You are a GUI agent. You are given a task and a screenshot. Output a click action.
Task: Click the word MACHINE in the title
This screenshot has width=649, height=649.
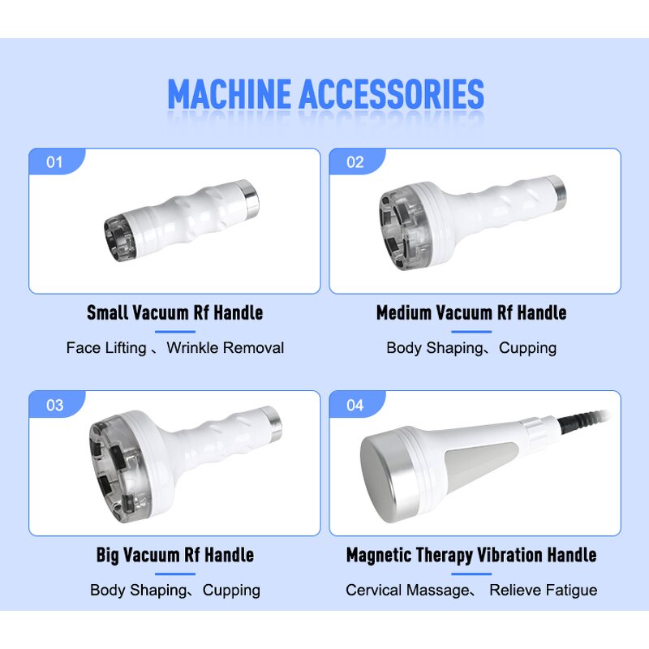click(x=230, y=95)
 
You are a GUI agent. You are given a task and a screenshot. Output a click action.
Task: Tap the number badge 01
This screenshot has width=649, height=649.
click(x=54, y=162)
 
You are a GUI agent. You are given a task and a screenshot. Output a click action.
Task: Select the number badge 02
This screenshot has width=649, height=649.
click(x=355, y=162)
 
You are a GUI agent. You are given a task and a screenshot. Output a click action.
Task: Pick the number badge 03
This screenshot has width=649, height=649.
click(x=54, y=405)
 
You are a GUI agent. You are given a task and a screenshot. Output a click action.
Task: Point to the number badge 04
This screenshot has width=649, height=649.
click(x=355, y=405)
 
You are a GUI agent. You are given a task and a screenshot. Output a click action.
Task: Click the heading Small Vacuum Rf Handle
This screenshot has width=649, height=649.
click(x=174, y=312)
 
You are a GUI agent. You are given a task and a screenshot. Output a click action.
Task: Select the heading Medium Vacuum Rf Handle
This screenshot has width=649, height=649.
click(x=471, y=312)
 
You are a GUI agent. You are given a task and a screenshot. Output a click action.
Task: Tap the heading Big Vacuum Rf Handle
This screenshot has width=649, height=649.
click(x=174, y=555)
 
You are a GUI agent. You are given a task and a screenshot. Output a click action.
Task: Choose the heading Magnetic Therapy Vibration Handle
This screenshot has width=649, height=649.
click(x=471, y=555)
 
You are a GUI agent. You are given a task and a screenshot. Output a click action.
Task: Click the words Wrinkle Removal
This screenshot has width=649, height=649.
click(x=226, y=348)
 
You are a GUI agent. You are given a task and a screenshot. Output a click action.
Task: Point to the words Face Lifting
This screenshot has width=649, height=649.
click(x=105, y=348)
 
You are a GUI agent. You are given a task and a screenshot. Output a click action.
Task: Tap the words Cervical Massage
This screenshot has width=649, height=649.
click(x=407, y=591)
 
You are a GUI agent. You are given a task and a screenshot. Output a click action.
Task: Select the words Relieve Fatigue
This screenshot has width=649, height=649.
click(x=543, y=591)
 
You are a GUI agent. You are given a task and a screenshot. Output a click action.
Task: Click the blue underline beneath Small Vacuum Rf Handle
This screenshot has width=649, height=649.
click(x=174, y=331)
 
